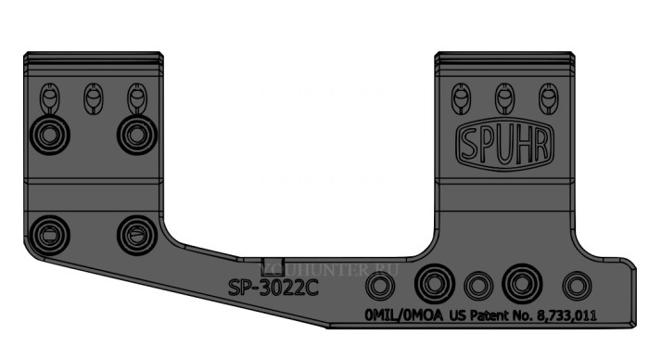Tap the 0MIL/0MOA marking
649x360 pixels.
coord(404,315)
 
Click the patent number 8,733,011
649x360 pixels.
coord(561,315)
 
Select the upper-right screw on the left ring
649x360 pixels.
coord(134,135)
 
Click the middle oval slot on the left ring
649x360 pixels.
coord(91,96)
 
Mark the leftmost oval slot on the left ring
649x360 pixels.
coord(48,96)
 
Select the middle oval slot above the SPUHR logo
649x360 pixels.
coord(503,96)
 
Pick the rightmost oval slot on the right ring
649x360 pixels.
coord(547,96)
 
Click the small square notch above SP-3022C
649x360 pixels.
coord(271,265)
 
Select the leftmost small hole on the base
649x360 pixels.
coord(378,284)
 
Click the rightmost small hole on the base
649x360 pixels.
coord(577,284)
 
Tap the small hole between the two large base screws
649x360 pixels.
coord(477,284)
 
